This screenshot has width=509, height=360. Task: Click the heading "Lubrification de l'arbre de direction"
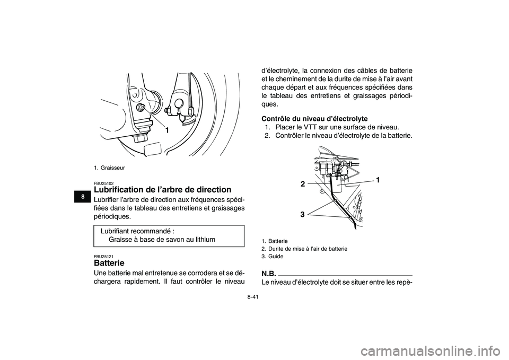pos(162,189)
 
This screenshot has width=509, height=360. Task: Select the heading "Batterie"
pos(109,262)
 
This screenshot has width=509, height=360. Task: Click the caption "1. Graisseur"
pos(110,168)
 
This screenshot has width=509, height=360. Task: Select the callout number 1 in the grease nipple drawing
pos(166,130)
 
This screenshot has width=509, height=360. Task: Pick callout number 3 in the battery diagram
pos(302,215)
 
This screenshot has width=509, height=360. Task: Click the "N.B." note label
pos(269,273)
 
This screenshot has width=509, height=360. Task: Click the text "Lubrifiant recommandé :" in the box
pos(137,231)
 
